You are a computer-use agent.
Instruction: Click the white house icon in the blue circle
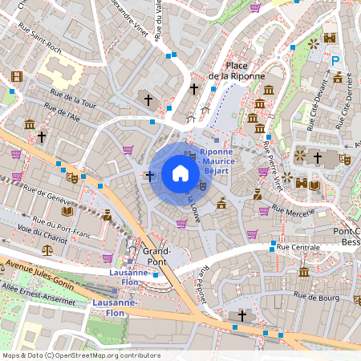[x=180, y=173]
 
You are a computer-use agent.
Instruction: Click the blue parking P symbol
[x=337, y=59]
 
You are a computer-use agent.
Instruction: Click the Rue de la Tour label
[x=73, y=103]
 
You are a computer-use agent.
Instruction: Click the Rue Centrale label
[x=298, y=247]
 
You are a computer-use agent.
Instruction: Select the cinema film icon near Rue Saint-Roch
[x=17, y=78]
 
